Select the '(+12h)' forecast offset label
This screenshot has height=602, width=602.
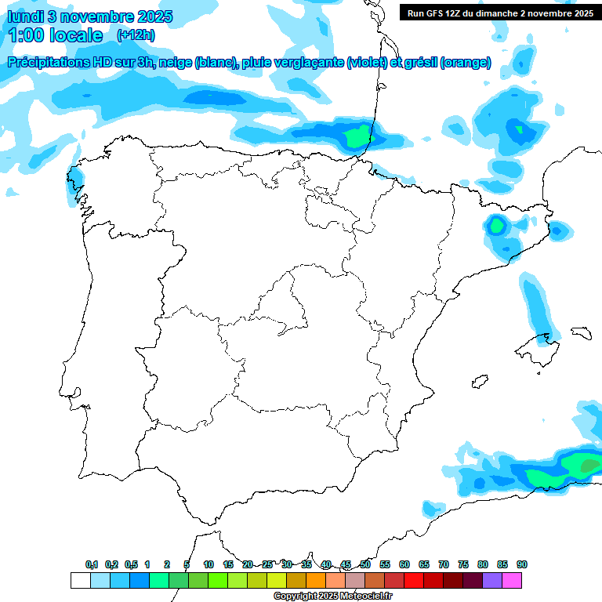135,35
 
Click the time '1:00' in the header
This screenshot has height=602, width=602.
28,35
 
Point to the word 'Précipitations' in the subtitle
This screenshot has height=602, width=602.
54,63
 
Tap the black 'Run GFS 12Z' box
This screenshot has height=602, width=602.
500,13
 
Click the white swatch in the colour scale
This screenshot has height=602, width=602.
81,581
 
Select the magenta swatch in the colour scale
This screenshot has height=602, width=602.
512,581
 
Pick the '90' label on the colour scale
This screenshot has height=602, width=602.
522,564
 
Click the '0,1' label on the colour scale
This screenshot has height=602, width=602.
92,564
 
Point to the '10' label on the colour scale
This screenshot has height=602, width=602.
209,564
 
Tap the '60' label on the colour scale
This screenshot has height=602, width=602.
404,564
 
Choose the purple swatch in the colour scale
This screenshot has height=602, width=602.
492,581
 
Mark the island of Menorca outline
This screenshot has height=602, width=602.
581,332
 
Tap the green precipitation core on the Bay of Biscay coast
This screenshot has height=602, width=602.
357,138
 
